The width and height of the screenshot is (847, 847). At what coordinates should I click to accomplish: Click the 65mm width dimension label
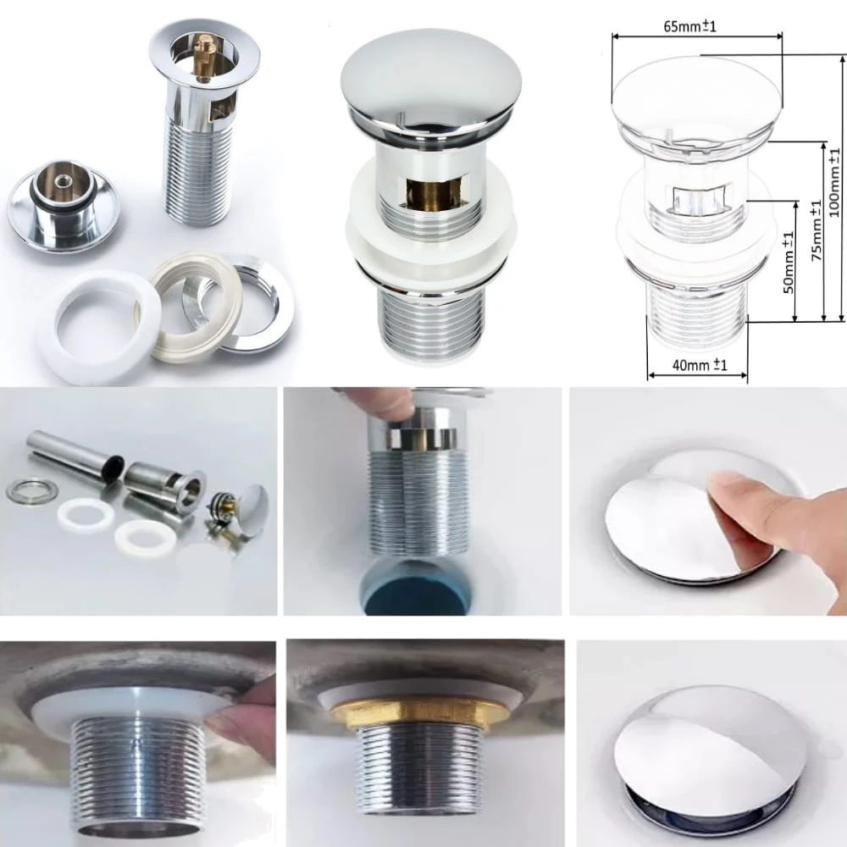click(689, 26)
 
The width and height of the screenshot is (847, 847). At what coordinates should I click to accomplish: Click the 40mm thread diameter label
click(699, 365)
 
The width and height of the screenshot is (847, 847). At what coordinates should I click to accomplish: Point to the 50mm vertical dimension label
click(789, 262)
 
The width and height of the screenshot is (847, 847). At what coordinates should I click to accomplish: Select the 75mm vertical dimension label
click(817, 230)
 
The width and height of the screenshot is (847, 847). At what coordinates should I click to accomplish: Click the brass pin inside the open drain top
click(204, 57)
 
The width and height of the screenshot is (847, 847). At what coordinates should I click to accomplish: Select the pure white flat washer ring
click(99, 327)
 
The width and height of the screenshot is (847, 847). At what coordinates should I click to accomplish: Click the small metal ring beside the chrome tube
click(31, 490)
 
